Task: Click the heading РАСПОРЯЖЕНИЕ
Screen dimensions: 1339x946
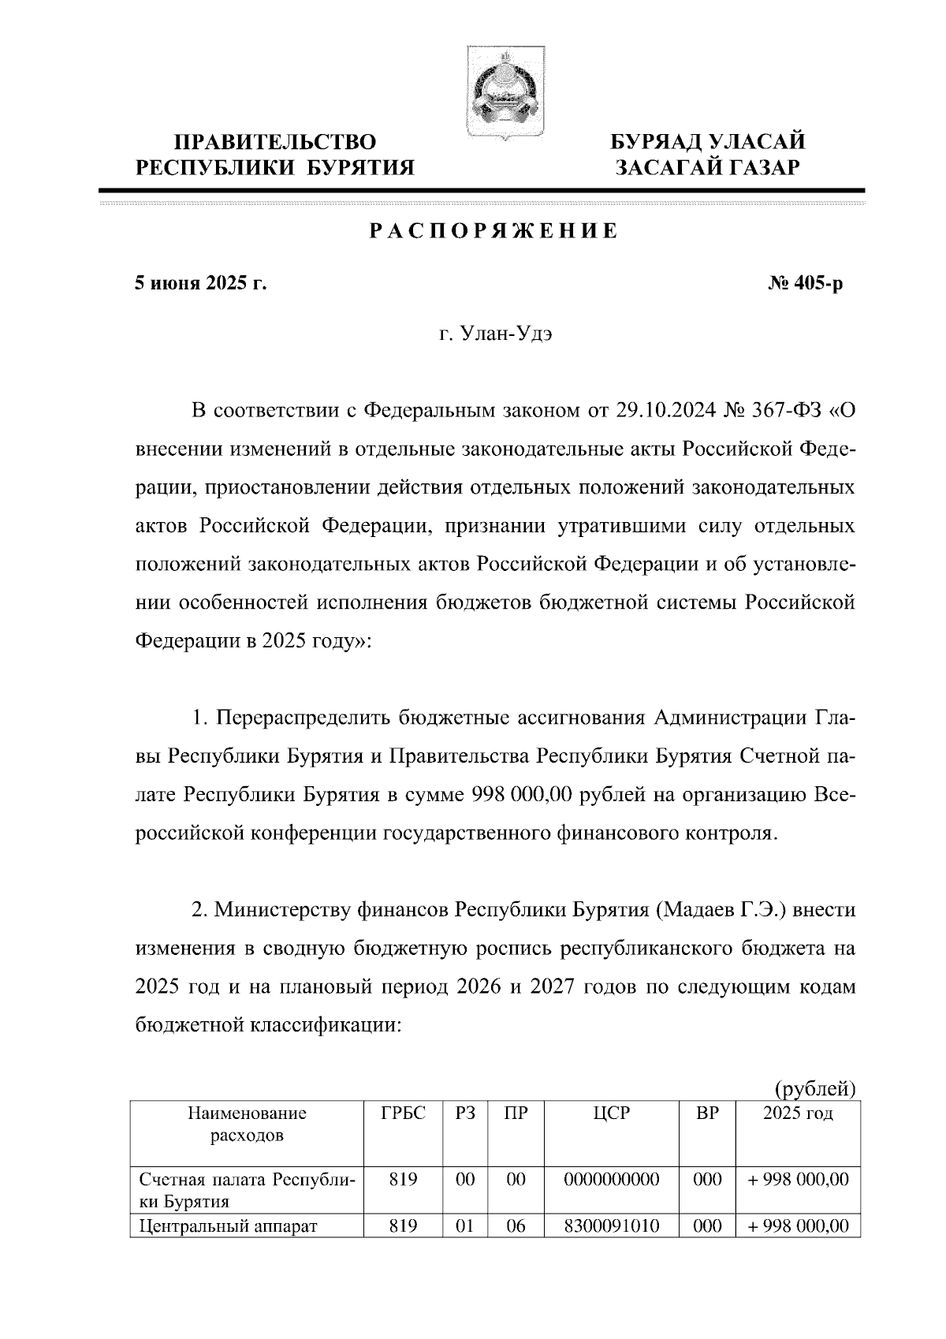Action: [494, 232]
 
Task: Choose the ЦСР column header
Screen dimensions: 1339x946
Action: [612, 1113]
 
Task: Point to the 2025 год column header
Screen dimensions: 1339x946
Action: [798, 1113]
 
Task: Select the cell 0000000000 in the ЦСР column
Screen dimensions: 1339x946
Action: [612, 1180]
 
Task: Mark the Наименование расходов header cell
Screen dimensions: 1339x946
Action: [246, 1125]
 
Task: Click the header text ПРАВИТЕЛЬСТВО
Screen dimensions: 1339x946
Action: [275, 143]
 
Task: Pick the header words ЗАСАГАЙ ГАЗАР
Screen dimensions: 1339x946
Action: [708, 167]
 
